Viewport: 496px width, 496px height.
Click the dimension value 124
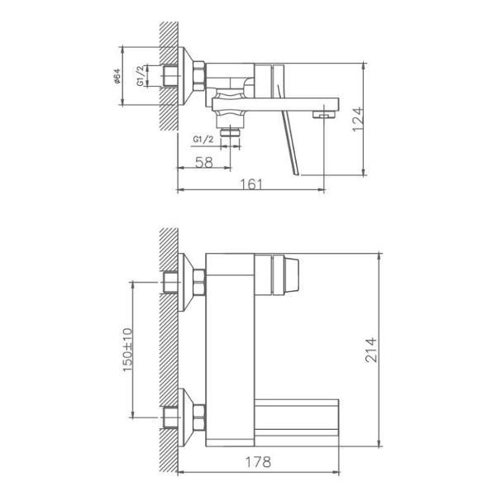pyautogui.click(x=358, y=119)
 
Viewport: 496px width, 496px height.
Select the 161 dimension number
pyautogui.click(x=251, y=184)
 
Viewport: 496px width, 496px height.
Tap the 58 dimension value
pyautogui.click(x=204, y=163)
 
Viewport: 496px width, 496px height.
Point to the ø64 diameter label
pyautogui.click(x=117, y=76)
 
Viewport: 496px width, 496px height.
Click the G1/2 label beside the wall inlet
pyautogui.click(x=141, y=76)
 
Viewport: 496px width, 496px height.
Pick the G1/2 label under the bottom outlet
pyautogui.click(x=203, y=139)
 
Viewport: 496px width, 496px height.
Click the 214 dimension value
pyautogui.click(x=371, y=350)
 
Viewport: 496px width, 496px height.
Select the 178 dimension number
pyautogui.click(x=259, y=462)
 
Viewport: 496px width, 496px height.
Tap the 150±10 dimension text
pyautogui.click(x=127, y=350)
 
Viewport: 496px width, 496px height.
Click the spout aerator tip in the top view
pyautogui.click(x=324, y=114)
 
